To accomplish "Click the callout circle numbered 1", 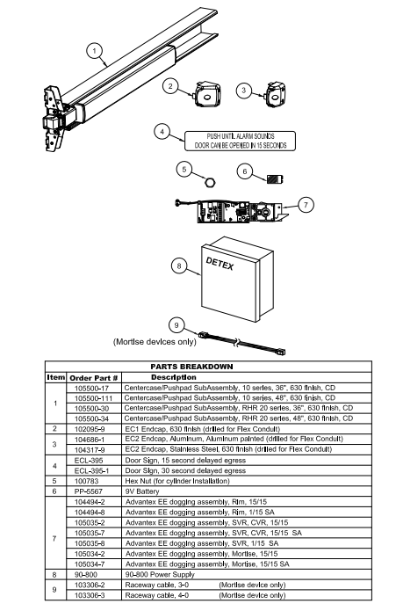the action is pyautogui.click(x=94, y=51).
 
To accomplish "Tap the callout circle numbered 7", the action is pyautogui.click(x=306, y=205).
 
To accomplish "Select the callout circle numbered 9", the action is pyautogui.click(x=176, y=325).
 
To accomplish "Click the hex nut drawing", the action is pyautogui.click(x=210, y=181).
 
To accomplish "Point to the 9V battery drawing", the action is pyautogui.click(x=275, y=179).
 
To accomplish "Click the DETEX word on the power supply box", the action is pyautogui.click(x=220, y=264).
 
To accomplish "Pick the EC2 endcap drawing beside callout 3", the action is pyautogui.click(x=275, y=94).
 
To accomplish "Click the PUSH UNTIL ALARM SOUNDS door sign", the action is pyautogui.click(x=240, y=141).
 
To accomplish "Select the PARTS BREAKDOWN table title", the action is pyautogui.click(x=191, y=367).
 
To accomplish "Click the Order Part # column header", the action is pyautogui.click(x=93, y=378).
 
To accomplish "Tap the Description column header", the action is pyautogui.click(x=174, y=377).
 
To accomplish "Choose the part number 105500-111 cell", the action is pyautogui.click(x=93, y=398).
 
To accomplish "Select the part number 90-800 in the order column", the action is pyautogui.click(x=86, y=575).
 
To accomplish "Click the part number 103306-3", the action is pyautogui.click(x=90, y=595).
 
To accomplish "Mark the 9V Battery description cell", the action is pyautogui.click(x=142, y=491).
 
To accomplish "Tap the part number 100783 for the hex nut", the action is pyautogui.click(x=86, y=481).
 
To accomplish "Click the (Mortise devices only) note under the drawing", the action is pyautogui.click(x=155, y=342).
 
